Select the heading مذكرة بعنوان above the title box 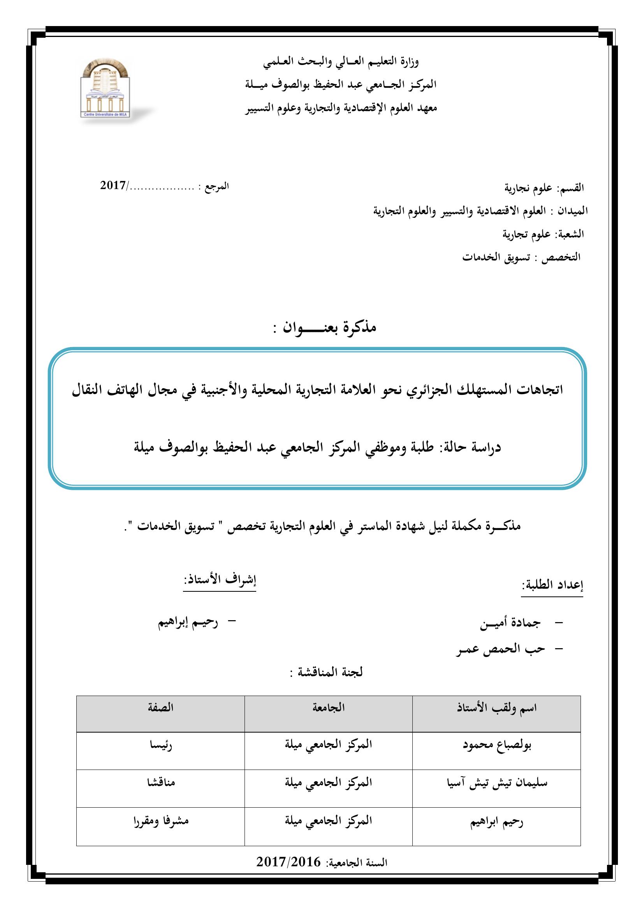[324, 327]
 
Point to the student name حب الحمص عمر [500, 650]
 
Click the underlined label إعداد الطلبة [552, 586]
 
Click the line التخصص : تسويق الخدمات [521, 257]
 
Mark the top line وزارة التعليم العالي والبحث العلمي [341, 61]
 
